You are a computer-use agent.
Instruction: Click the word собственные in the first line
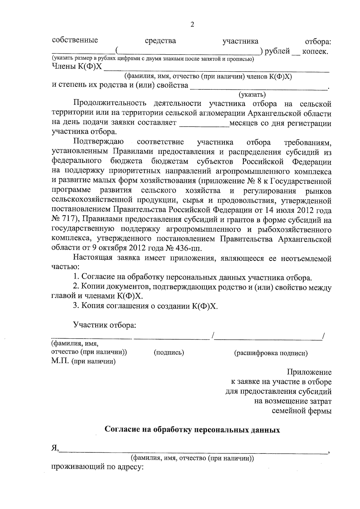(x=75, y=40)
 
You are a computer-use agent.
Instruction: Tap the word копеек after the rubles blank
(x=315, y=51)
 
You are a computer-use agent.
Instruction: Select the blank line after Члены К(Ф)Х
(x=216, y=68)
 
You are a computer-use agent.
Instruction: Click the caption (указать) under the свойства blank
(x=252, y=95)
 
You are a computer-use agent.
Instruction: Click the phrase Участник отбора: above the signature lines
(x=105, y=325)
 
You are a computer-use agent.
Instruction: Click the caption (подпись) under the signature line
(x=169, y=353)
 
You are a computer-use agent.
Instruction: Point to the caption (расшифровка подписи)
(x=271, y=353)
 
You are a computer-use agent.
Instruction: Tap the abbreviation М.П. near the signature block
(x=60, y=361)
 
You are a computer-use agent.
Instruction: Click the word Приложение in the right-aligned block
(x=309, y=373)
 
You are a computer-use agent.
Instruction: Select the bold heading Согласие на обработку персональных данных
(x=192, y=430)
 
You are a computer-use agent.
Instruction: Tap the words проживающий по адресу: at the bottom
(x=98, y=467)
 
